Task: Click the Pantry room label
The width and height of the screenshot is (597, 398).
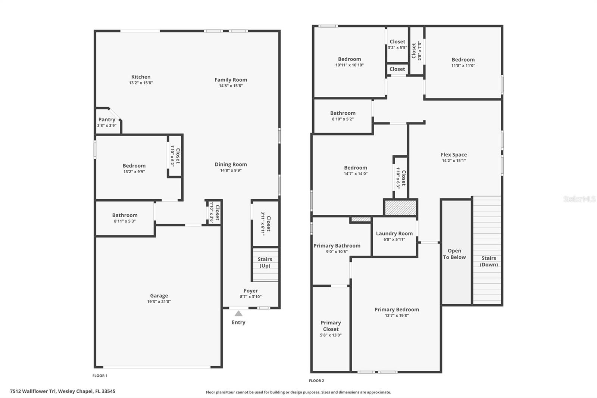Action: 107,119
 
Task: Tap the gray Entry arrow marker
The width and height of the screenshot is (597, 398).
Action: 238,314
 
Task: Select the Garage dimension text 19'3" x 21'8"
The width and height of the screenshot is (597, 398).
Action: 159,302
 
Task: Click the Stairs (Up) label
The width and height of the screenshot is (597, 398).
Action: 265,262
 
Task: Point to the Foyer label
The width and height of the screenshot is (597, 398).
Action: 250,291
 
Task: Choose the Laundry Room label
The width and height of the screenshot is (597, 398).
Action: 394,233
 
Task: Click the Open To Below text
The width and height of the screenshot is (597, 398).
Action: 454,254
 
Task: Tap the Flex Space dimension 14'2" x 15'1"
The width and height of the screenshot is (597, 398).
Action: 454,161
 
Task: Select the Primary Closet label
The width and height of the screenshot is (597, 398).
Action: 331,326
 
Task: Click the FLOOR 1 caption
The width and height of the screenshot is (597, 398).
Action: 100,376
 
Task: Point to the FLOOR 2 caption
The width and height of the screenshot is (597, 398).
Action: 316,381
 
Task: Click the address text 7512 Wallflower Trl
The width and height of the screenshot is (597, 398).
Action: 33,391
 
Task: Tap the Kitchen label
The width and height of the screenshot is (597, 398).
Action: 141,77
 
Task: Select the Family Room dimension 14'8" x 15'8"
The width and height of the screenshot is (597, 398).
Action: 231,86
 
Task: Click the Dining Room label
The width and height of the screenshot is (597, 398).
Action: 231,164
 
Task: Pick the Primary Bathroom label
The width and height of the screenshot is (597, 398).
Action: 337,246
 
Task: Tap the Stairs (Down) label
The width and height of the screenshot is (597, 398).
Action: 489,261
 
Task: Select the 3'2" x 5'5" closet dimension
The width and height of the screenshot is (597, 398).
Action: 397,48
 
